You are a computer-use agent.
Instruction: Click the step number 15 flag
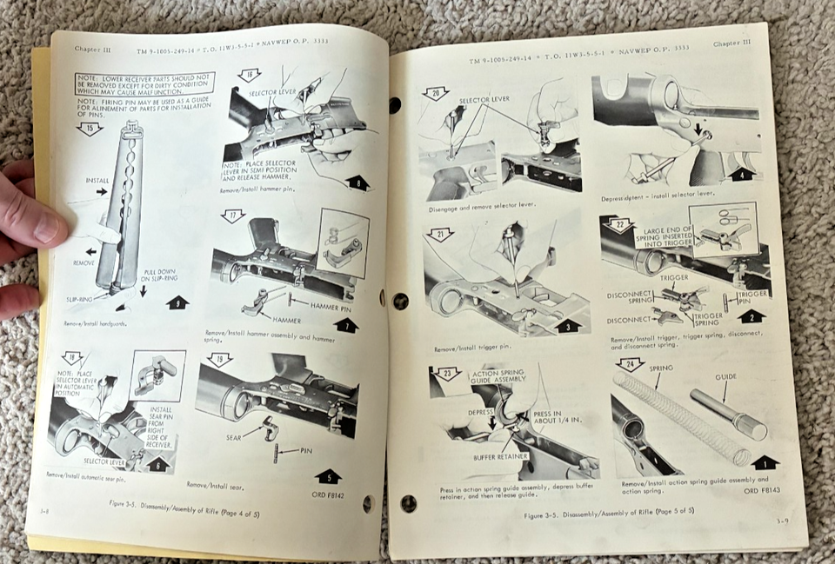click(x=89, y=128)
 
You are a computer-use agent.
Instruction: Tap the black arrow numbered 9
click(x=177, y=304)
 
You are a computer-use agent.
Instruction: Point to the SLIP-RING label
click(x=80, y=298)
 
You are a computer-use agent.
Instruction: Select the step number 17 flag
click(x=232, y=216)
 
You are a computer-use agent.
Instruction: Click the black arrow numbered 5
click(x=327, y=475)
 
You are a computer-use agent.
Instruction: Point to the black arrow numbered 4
click(x=741, y=173)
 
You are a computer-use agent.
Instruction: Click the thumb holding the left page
click(x=39, y=220)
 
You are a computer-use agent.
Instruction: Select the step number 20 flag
click(x=435, y=93)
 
